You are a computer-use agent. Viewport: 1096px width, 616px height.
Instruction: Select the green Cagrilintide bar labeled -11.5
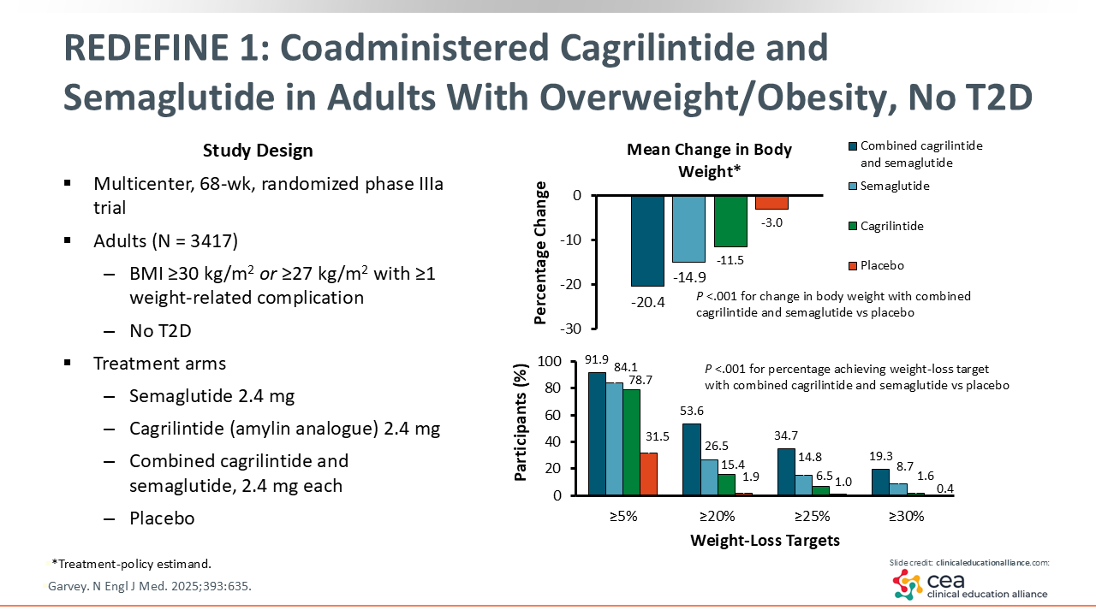pyautogui.click(x=730, y=221)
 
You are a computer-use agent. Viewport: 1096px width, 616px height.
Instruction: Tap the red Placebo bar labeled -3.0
pyautogui.click(x=771, y=202)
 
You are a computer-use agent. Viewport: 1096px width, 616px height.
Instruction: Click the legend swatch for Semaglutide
pyautogui.click(x=850, y=187)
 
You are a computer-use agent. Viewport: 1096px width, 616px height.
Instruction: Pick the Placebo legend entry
pyautogui.click(x=882, y=265)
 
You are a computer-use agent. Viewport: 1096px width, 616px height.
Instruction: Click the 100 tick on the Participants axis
pyautogui.click(x=568, y=362)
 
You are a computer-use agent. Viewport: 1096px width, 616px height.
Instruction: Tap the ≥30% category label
pyautogui.click(x=906, y=516)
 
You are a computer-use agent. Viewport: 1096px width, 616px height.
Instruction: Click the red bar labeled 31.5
pyautogui.click(x=648, y=473)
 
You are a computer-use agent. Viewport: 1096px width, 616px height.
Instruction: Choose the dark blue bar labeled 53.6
pyautogui.click(x=691, y=459)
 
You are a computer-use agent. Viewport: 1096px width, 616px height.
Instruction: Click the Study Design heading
pyautogui.click(x=258, y=151)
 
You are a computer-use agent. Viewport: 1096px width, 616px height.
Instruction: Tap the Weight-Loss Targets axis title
pyautogui.click(x=765, y=540)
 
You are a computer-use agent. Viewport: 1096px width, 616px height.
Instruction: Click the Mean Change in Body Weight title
pyautogui.click(x=709, y=160)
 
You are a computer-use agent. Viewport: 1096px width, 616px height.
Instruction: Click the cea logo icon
pyautogui.click(x=906, y=584)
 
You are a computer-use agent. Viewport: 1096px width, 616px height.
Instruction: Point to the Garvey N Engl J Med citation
pyautogui.click(x=152, y=587)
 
